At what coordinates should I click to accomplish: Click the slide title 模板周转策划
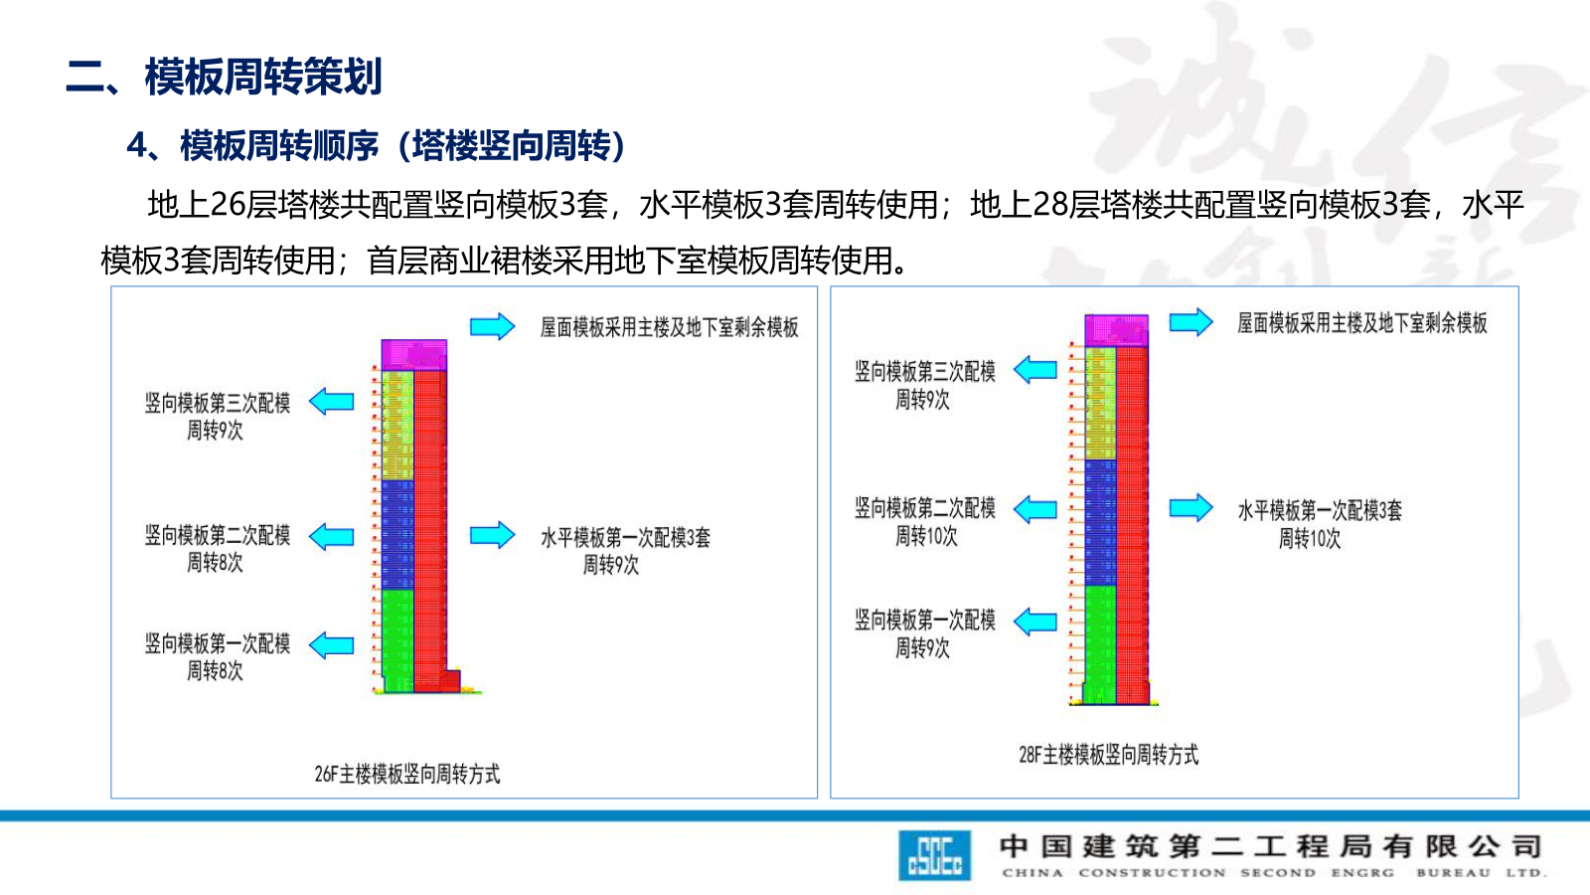click(x=263, y=77)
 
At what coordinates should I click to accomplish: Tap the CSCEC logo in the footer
click(x=934, y=855)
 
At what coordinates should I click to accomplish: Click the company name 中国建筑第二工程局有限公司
click(x=1271, y=846)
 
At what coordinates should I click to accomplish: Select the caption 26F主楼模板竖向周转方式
click(x=407, y=774)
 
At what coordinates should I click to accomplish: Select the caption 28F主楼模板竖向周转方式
click(x=1108, y=755)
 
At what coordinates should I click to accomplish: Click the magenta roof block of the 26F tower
click(x=413, y=355)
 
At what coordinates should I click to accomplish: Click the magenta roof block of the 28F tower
click(x=1116, y=330)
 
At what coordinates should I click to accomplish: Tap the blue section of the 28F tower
click(x=1100, y=522)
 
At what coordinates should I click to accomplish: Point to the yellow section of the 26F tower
click(x=397, y=426)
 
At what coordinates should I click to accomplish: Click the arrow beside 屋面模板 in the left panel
click(x=492, y=326)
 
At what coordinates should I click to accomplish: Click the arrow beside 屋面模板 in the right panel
click(x=1191, y=322)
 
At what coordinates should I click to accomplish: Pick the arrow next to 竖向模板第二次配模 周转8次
click(x=332, y=537)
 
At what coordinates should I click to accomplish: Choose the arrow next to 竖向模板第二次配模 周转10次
click(x=1035, y=509)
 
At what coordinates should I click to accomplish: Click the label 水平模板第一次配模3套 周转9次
click(x=624, y=551)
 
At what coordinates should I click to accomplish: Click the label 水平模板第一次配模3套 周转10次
click(x=1319, y=524)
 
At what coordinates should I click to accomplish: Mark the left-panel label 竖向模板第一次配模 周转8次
click(x=217, y=657)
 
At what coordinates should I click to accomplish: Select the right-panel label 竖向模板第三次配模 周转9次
click(x=924, y=385)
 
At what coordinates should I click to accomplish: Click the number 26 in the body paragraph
click(x=228, y=205)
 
